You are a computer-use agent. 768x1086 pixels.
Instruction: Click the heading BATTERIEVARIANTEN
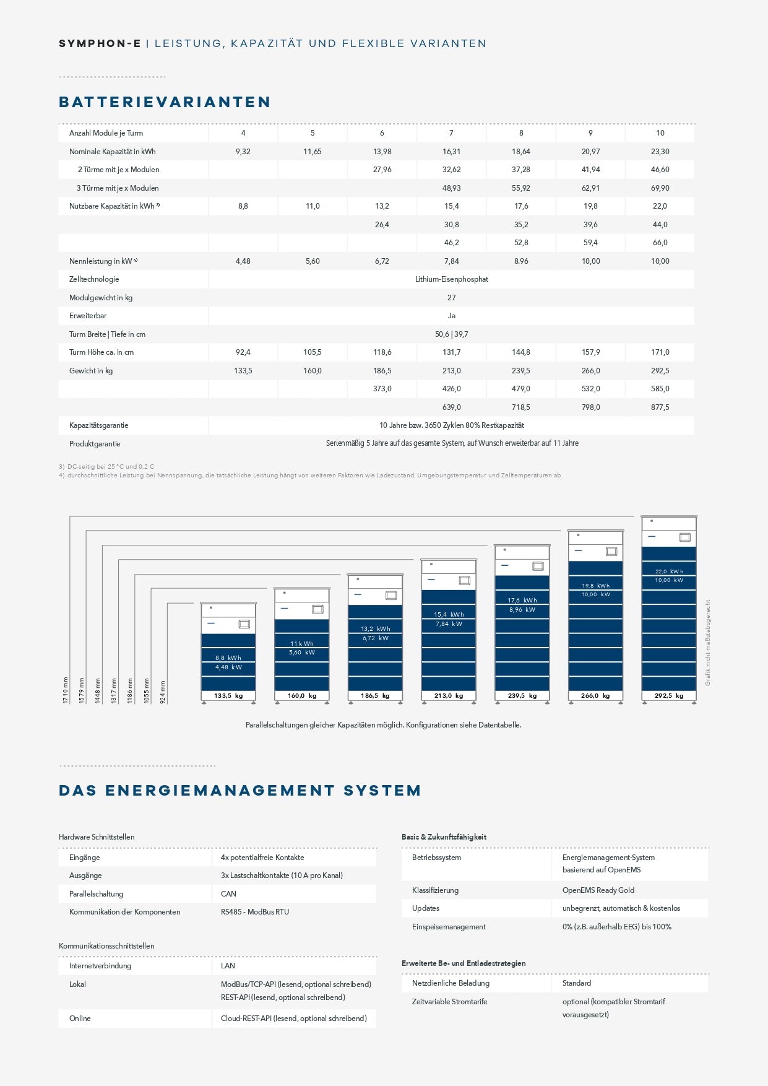tap(165, 102)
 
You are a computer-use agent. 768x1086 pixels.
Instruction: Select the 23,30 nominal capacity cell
tap(660, 151)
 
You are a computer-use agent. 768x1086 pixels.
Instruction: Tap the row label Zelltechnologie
tap(94, 279)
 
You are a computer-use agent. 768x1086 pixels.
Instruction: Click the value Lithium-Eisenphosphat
tap(451, 279)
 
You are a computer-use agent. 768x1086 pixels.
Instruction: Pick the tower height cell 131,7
tap(451, 352)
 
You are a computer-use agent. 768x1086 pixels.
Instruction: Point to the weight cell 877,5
tap(660, 407)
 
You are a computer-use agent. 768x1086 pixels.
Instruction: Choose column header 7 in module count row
tap(451, 133)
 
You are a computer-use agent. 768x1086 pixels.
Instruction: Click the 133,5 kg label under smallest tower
tap(228, 696)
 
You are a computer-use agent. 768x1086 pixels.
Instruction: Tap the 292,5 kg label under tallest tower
tap(669, 696)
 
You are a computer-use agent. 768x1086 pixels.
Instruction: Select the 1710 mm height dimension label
tap(66, 690)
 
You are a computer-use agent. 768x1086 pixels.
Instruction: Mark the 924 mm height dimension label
tap(163, 692)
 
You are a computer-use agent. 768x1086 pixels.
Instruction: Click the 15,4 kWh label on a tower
tap(449, 615)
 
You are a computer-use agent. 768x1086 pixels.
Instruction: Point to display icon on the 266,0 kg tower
tap(611, 551)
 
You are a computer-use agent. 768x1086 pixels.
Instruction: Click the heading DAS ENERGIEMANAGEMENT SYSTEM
tap(240, 791)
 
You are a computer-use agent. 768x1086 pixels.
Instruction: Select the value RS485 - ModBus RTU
tap(255, 912)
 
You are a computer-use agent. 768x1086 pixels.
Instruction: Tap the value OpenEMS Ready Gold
tap(598, 890)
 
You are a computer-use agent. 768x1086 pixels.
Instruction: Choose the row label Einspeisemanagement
tap(449, 927)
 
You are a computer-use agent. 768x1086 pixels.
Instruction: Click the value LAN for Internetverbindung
tap(228, 966)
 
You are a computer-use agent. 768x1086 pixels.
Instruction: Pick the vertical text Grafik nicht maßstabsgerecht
tap(708, 642)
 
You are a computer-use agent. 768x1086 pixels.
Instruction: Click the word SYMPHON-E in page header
tap(100, 43)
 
